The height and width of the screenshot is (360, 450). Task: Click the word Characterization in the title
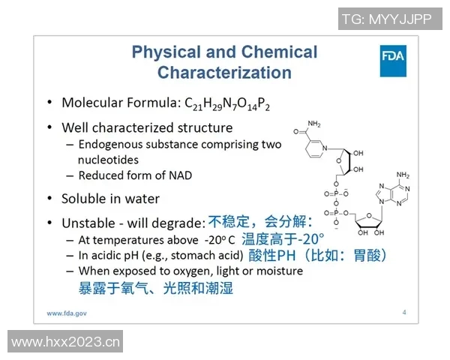[x=224, y=73]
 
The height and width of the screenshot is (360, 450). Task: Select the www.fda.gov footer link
[x=67, y=312]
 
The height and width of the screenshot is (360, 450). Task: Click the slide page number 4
[x=404, y=312]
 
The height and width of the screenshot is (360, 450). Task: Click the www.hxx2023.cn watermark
[x=66, y=343]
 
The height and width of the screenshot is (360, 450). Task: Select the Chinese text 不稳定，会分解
[x=259, y=222]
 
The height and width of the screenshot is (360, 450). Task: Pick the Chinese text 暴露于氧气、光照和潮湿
[x=156, y=287]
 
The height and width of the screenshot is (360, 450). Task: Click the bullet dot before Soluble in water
[x=49, y=199]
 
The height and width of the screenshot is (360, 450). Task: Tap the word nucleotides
[x=108, y=159]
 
